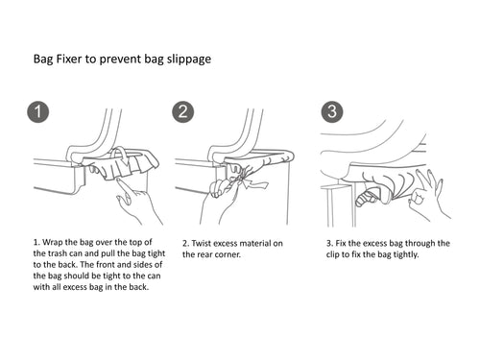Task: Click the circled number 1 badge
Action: point(38,112)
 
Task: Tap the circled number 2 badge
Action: point(183,112)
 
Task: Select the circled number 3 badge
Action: point(332,111)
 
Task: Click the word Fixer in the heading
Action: point(69,59)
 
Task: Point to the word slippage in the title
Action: point(189,60)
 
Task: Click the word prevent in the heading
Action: point(120,60)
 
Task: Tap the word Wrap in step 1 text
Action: point(52,242)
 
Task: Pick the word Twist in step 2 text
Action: point(202,243)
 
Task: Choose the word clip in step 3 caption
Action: point(332,255)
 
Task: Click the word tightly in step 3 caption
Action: point(405,255)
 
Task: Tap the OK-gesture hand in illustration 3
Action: point(429,195)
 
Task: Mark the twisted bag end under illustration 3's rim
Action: point(372,198)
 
